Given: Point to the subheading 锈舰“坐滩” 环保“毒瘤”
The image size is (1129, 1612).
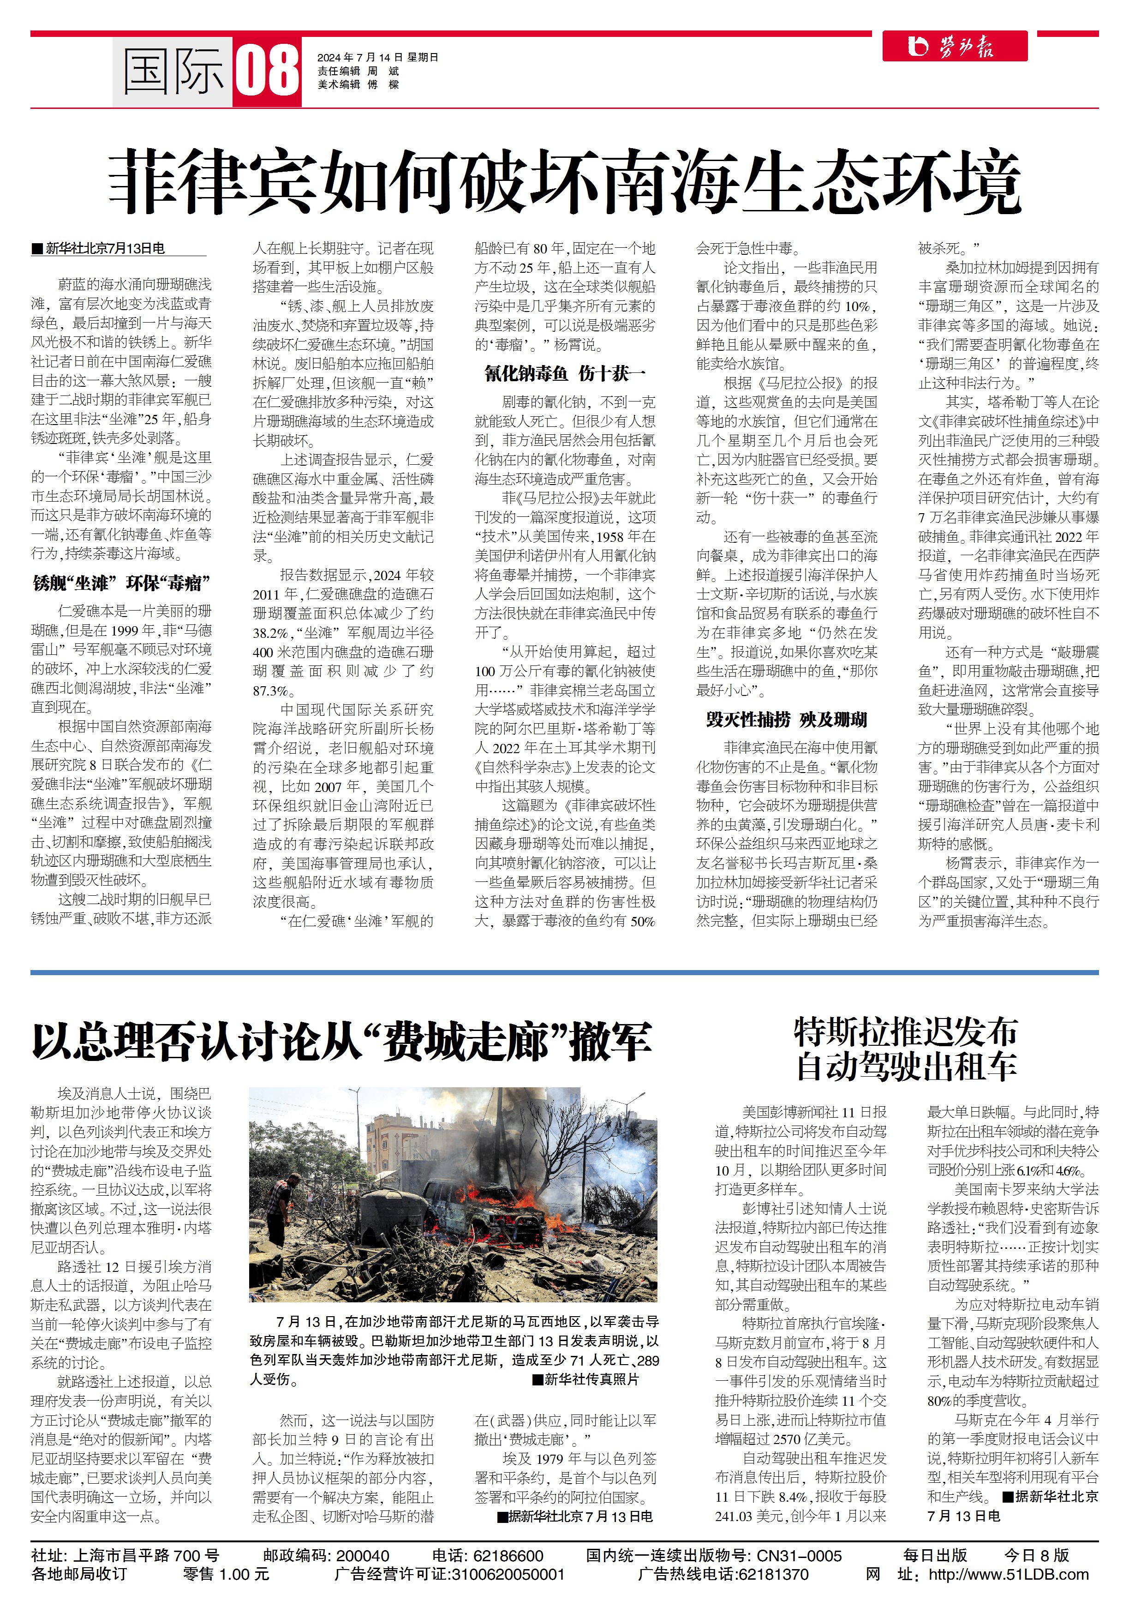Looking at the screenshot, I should coord(121,583).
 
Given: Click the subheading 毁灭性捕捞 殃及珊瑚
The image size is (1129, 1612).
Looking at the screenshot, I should coord(786,719).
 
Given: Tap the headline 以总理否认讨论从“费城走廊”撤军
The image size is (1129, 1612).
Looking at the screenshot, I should coord(341,1042).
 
